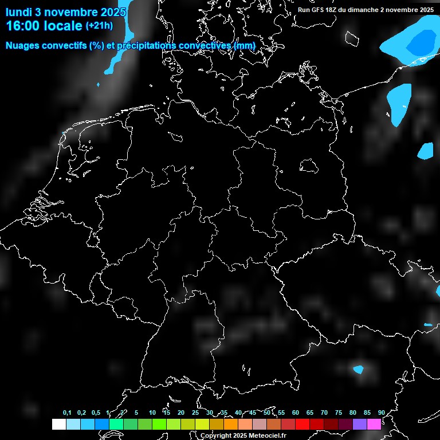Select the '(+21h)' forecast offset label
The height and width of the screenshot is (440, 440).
(x=99, y=26)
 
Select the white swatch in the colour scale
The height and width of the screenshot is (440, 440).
(x=58, y=425)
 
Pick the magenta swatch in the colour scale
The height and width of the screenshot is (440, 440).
(x=374, y=425)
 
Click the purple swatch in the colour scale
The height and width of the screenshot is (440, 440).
(x=359, y=425)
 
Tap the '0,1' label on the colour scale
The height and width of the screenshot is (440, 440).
(x=67, y=413)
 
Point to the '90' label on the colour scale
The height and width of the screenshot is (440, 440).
(x=381, y=413)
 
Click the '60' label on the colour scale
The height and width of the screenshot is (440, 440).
(x=295, y=413)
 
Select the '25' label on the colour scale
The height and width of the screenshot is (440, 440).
(x=195, y=413)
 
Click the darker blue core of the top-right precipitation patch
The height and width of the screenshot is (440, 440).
(x=422, y=42)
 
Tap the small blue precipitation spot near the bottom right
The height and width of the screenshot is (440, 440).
(x=359, y=370)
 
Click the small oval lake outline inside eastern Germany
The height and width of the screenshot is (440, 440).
(x=309, y=166)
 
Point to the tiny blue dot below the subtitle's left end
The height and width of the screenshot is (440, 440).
(x=98, y=85)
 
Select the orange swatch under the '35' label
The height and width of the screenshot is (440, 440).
(x=230, y=425)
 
